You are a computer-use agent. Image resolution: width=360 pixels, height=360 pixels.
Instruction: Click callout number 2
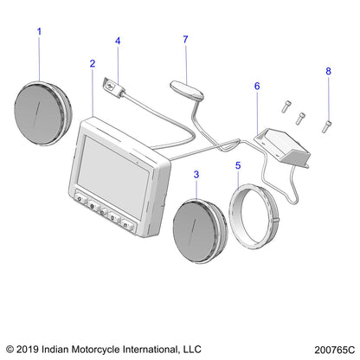tap(92, 63)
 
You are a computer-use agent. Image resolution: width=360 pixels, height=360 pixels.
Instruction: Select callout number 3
tap(196, 175)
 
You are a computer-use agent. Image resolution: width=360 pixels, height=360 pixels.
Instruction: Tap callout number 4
tap(118, 41)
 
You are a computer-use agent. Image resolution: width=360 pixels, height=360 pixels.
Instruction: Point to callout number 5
tap(239, 164)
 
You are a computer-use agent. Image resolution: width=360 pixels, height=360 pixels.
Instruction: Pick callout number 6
tap(256, 86)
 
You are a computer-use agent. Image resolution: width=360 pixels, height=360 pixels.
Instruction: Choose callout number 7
tap(185, 39)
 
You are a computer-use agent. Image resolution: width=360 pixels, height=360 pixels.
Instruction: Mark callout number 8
tap(328, 70)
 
